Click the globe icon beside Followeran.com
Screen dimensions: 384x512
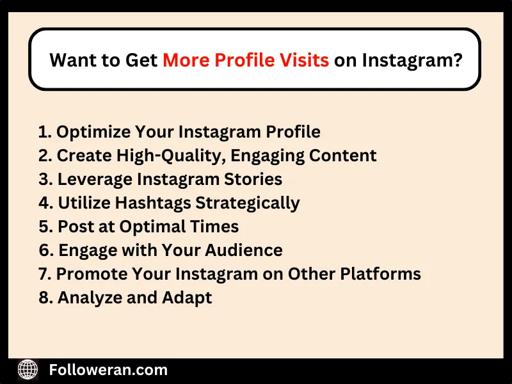[x=28, y=369]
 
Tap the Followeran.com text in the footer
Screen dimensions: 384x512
[x=108, y=369]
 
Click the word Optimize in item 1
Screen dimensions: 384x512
[x=93, y=132]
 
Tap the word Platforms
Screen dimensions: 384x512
[x=386, y=274]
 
